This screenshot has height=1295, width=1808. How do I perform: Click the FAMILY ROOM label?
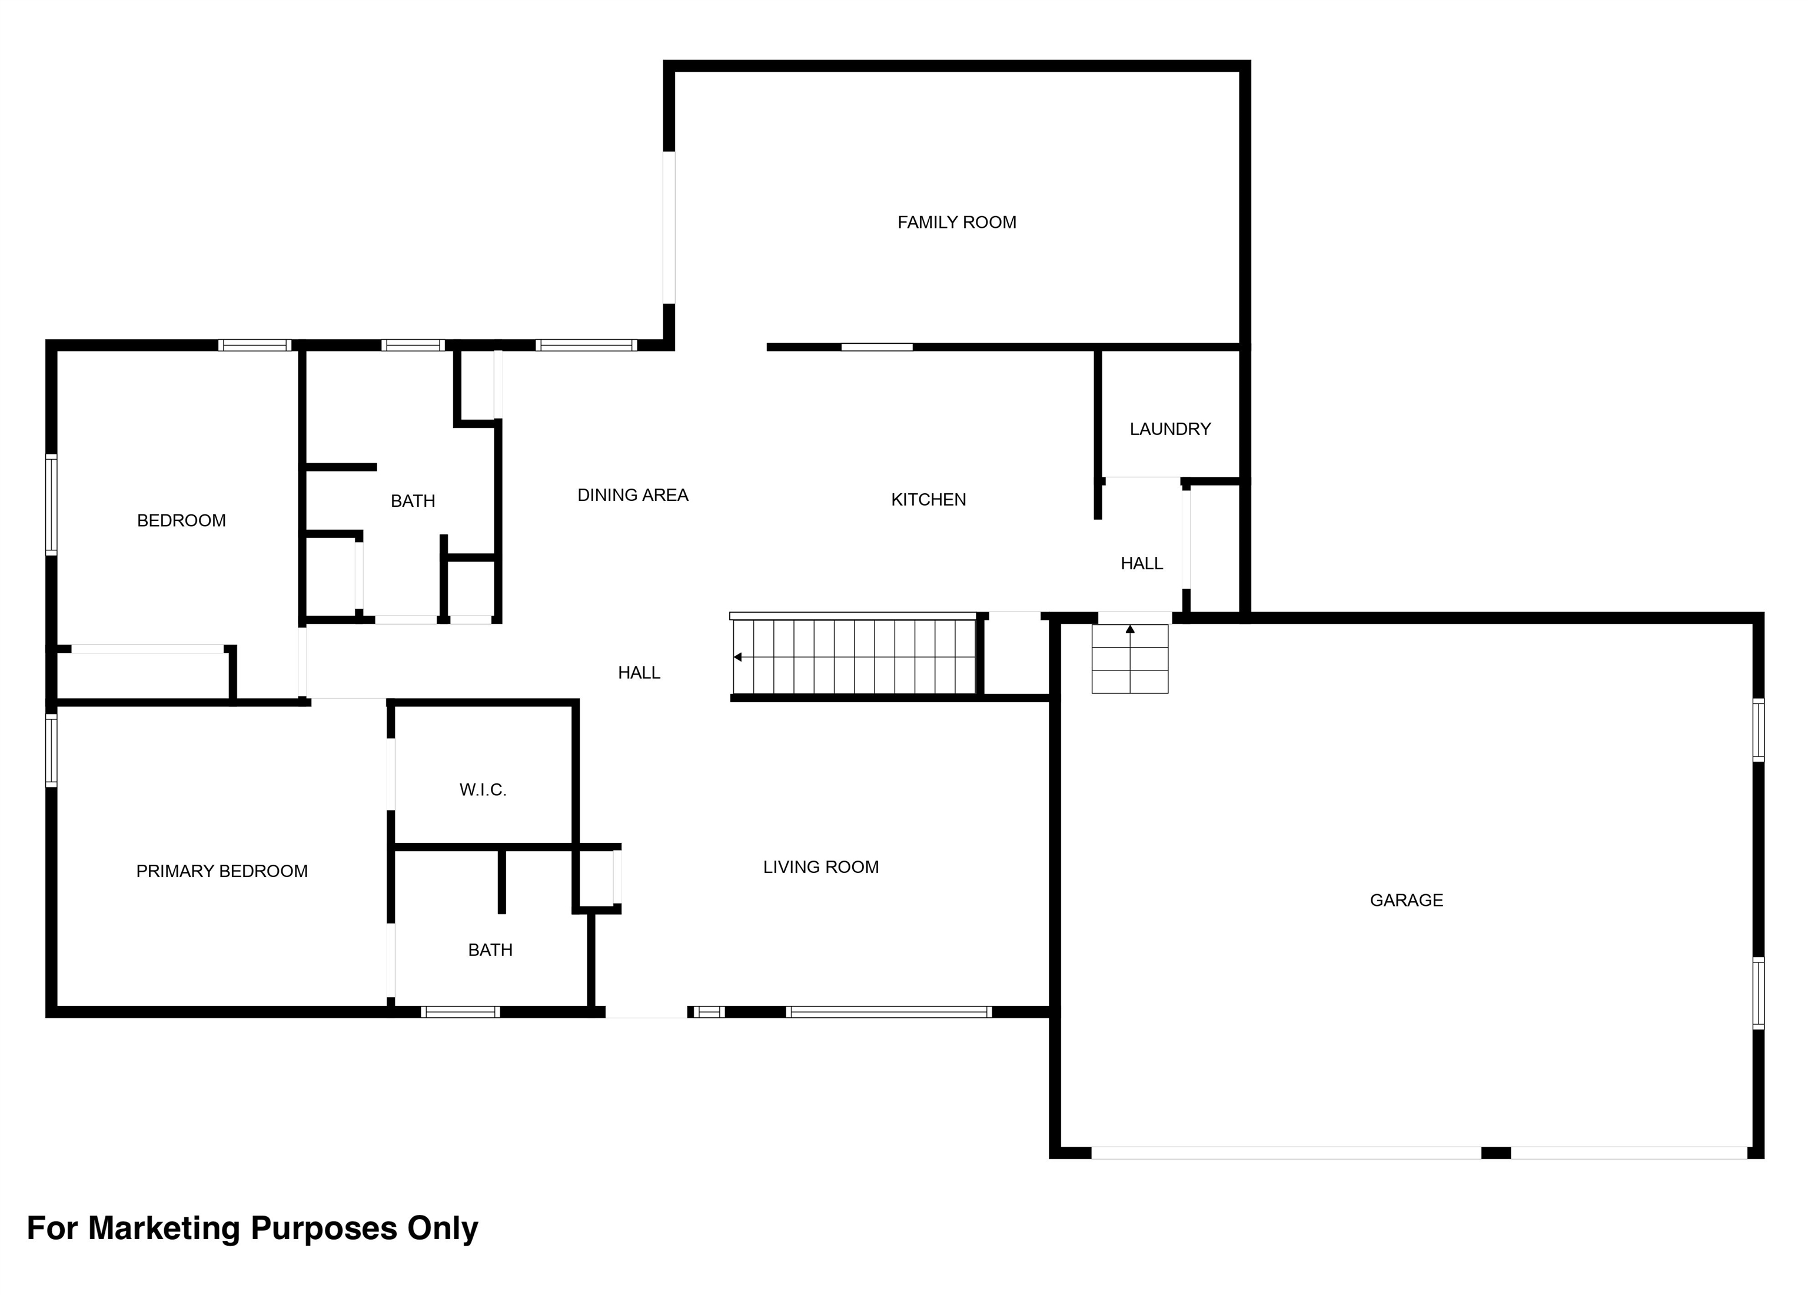(x=956, y=223)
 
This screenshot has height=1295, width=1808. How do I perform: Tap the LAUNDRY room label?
(x=1169, y=429)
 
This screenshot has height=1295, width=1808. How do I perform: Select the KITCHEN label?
(x=928, y=500)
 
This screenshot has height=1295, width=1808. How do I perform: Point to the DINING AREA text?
(x=632, y=495)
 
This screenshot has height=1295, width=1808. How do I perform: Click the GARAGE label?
(x=1406, y=900)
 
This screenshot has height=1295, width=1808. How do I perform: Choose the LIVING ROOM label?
(x=820, y=867)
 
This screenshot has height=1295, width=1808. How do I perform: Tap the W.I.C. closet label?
(x=482, y=790)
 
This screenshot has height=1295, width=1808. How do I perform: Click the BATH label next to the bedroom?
(x=412, y=501)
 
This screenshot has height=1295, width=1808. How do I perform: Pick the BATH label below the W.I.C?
(x=490, y=949)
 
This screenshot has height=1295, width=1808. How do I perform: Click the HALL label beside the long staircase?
(x=639, y=673)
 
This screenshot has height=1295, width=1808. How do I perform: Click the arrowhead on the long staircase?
(x=738, y=657)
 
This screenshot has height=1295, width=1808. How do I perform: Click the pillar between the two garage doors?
(x=1495, y=1153)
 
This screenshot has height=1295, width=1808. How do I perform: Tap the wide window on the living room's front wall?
(x=888, y=1012)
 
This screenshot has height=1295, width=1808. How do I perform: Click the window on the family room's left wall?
(x=669, y=227)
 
